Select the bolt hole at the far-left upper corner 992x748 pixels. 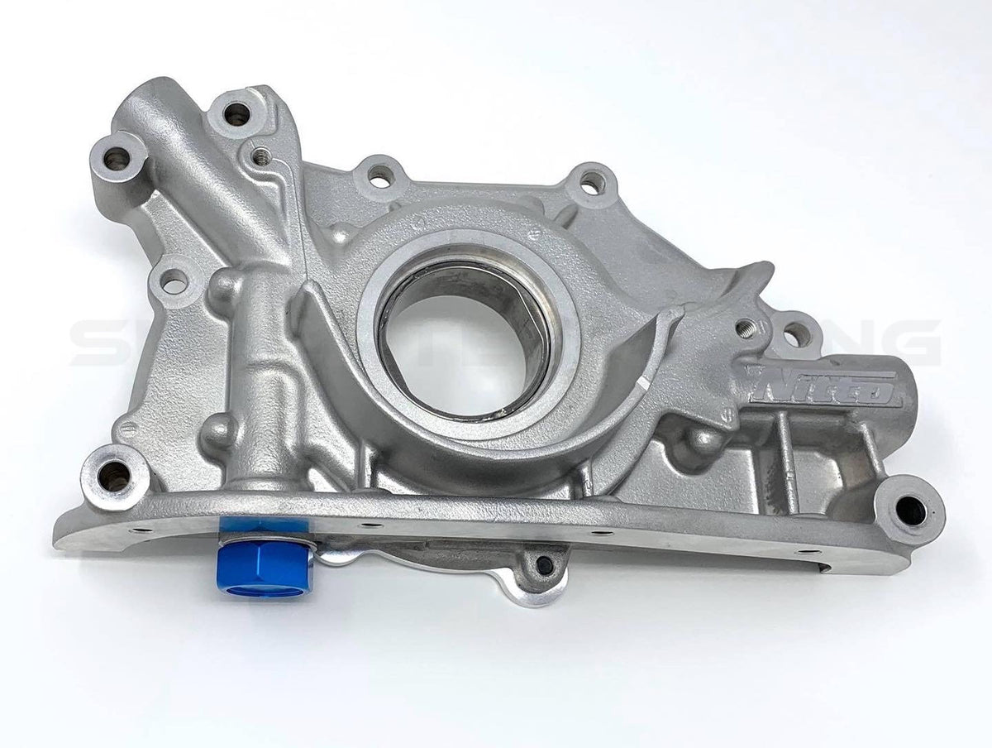tap(114, 156)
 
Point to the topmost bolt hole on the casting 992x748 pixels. tap(236, 113)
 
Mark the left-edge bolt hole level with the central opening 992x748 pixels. tap(174, 282)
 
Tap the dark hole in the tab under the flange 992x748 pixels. tap(544, 565)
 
